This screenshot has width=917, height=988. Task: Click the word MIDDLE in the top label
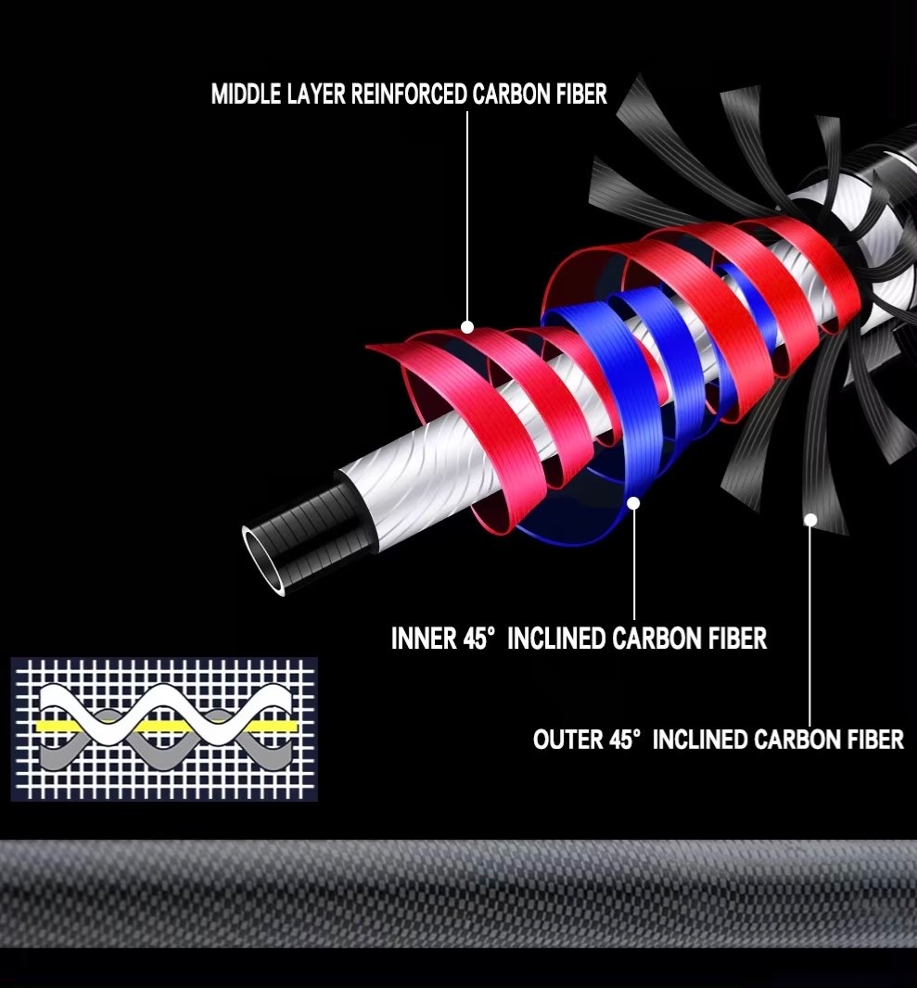tap(247, 94)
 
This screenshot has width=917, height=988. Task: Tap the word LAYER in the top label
tap(316, 94)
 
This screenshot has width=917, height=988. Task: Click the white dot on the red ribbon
tap(467, 327)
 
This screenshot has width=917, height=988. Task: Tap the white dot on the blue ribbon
tap(633, 503)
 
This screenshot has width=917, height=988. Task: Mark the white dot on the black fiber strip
tap(810, 519)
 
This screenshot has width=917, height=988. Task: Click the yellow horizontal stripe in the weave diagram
tap(165, 727)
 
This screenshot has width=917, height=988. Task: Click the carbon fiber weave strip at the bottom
tap(458, 893)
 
